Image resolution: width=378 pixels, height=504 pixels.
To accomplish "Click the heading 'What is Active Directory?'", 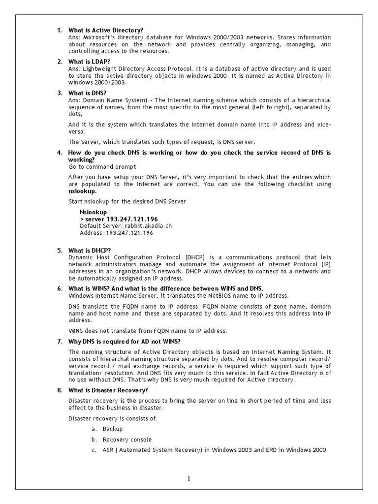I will [106, 31].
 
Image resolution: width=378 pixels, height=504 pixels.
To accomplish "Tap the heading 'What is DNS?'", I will [87, 93].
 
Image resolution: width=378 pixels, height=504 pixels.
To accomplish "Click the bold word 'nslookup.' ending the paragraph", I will [83, 191].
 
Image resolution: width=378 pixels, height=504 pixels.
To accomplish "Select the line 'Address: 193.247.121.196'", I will [116, 233].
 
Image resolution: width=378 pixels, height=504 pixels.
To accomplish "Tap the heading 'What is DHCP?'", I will [90, 251].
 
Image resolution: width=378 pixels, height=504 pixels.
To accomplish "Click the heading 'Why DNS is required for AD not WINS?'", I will [125, 341].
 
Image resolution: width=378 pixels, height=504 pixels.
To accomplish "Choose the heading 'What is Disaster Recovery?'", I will [108, 390].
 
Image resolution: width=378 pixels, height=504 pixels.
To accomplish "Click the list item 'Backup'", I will [113, 429].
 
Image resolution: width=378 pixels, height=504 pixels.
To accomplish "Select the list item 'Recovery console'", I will [127, 440].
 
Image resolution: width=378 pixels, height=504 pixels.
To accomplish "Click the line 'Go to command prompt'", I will [102, 167].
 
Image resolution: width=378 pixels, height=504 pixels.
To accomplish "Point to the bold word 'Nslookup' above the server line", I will [93, 212].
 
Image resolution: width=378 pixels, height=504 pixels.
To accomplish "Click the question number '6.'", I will [60, 288].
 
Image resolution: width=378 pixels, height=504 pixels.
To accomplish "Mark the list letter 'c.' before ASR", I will [94, 450].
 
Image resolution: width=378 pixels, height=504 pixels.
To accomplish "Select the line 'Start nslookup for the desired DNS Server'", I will [127, 201].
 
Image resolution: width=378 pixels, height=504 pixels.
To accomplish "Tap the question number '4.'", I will [60, 153].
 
